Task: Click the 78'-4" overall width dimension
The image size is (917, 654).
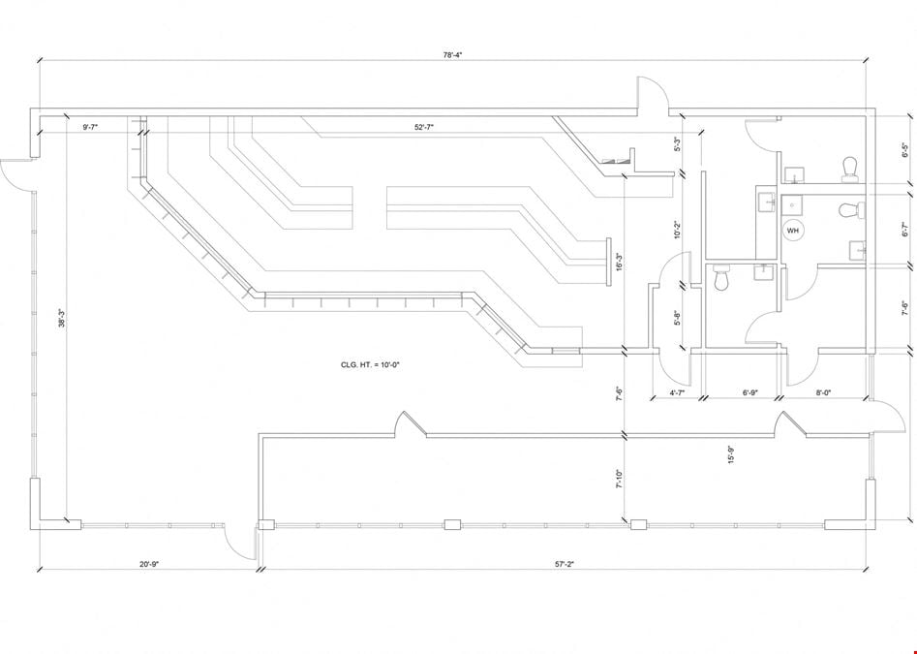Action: [x=452, y=55]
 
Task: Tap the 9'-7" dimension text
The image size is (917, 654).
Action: [x=91, y=127]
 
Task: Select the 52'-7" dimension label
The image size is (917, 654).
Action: [x=424, y=127]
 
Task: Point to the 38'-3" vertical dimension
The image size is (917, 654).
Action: [x=61, y=318]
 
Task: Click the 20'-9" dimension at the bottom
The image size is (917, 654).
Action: [x=149, y=565]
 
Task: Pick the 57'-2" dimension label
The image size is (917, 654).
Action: [x=565, y=565]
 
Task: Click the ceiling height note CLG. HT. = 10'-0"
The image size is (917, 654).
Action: [x=370, y=365]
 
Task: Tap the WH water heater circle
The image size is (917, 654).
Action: [x=792, y=231]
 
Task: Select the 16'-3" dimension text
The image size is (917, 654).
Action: [x=619, y=262]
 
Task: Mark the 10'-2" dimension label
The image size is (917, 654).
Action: [x=677, y=230]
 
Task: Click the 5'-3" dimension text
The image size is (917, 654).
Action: [x=677, y=144]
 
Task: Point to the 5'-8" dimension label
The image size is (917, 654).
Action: [x=677, y=318]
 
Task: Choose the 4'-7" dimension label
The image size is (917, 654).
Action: [x=677, y=393]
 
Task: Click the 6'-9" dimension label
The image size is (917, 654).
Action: [x=750, y=393]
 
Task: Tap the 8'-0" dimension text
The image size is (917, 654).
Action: [x=823, y=393]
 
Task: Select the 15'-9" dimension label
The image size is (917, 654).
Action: [x=731, y=454]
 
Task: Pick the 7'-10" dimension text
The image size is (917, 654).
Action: [x=619, y=479]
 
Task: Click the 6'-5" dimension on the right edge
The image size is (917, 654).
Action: [x=905, y=151]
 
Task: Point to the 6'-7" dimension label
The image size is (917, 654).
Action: [x=905, y=229]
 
